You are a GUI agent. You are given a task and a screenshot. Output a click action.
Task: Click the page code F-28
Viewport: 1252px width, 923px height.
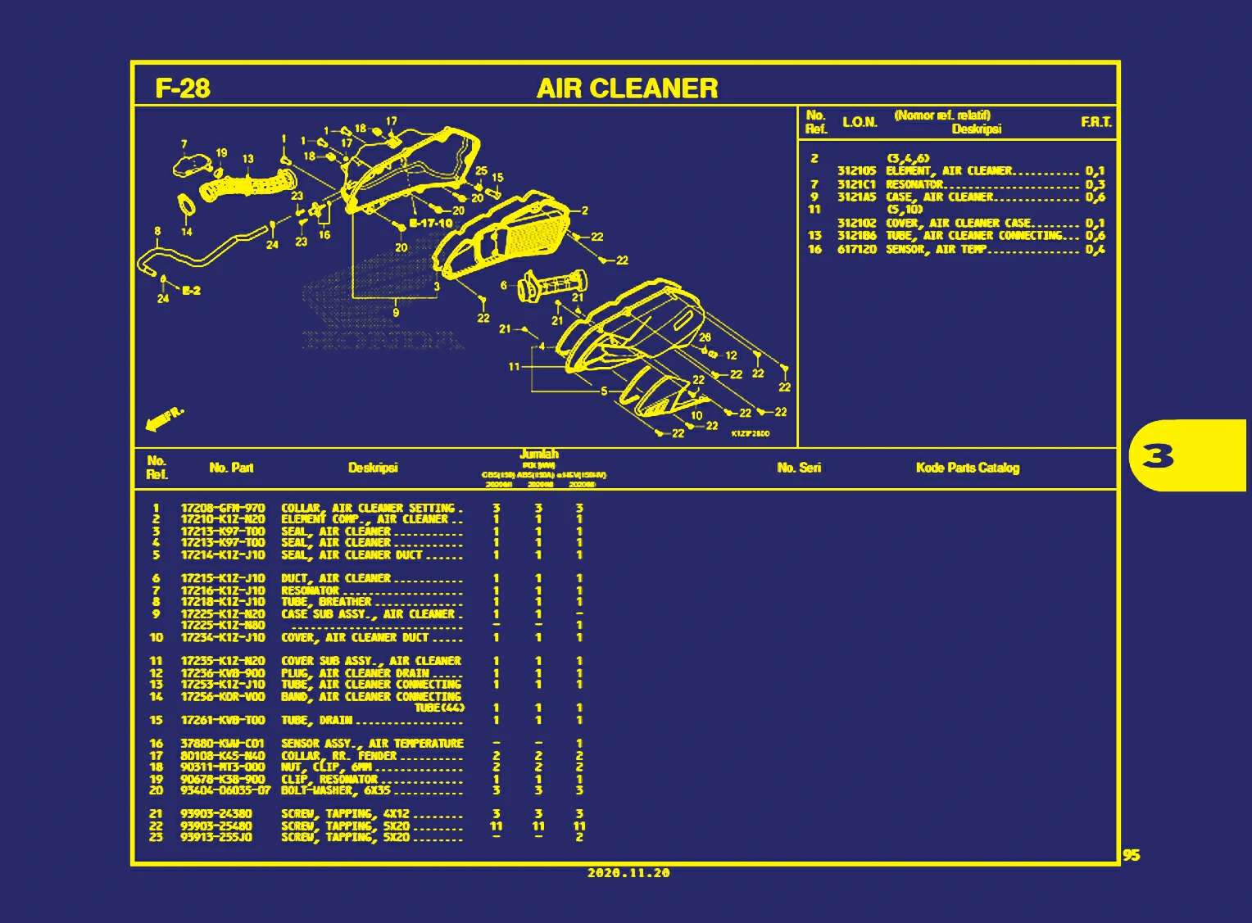click(183, 88)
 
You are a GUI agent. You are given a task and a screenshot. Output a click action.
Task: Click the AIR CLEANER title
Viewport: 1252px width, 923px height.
click(627, 88)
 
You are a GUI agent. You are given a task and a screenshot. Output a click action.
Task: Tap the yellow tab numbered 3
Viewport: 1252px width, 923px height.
click(1159, 455)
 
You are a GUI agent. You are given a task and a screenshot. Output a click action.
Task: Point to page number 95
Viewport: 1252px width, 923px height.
click(1131, 855)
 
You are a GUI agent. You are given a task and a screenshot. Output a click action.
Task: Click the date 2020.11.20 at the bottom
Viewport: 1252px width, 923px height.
click(628, 873)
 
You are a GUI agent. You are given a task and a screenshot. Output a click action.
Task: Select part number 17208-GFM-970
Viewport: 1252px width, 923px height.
click(223, 508)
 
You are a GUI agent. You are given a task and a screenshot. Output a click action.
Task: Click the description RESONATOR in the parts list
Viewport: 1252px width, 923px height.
click(310, 590)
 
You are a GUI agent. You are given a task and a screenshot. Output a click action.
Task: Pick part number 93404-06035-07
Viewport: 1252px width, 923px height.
click(225, 790)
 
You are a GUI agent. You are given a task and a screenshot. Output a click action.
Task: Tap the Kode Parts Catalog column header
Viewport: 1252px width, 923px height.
click(967, 468)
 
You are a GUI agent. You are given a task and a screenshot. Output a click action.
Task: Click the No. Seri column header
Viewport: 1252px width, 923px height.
click(799, 468)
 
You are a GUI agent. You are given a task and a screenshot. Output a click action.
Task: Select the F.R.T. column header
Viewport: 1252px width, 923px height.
click(1095, 122)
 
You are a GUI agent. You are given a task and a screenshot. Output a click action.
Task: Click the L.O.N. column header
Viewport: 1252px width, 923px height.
click(860, 122)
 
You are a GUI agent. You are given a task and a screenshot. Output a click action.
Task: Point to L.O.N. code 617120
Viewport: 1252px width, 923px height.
click(857, 249)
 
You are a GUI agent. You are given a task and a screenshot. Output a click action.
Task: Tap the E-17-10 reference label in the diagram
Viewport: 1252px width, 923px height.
click(431, 223)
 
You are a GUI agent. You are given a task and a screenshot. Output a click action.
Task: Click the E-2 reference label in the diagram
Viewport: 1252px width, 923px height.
click(191, 291)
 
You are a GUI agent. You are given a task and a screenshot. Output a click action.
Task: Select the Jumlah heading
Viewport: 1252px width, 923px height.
click(538, 454)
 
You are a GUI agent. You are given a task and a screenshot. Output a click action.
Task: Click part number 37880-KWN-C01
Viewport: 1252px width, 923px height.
click(223, 744)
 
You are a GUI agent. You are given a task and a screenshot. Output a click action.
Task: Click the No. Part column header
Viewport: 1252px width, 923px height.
click(231, 468)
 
